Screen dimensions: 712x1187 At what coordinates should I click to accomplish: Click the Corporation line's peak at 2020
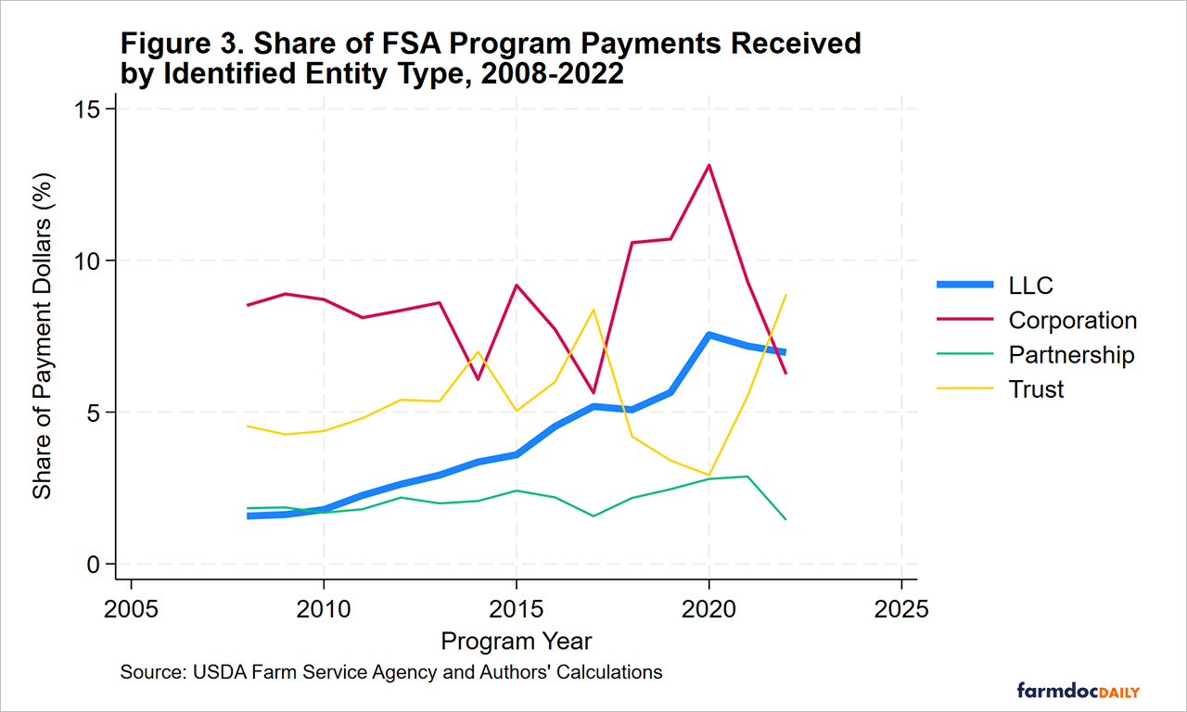pos(709,166)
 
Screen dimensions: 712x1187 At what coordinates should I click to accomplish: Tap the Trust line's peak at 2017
pos(593,310)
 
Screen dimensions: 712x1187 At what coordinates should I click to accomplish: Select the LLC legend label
pos(1030,286)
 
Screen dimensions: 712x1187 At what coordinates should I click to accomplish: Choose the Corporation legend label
pos(1072,321)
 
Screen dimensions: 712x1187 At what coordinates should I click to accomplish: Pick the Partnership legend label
pos(1071,355)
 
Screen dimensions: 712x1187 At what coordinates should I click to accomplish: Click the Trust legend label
pos(1036,389)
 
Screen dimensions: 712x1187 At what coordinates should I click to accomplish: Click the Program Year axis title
pos(517,642)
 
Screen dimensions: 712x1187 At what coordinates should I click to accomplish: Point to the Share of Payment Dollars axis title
pos(43,336)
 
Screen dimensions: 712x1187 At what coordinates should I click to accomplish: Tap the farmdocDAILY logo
pos(1078,691)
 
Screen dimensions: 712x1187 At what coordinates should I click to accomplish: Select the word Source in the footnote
pos(148,672)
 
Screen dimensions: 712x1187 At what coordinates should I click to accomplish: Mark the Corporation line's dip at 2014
pos(478,379)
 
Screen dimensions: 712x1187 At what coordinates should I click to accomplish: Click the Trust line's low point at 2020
pos(709,475)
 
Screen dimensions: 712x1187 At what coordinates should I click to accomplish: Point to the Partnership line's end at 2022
pos(785,519)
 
